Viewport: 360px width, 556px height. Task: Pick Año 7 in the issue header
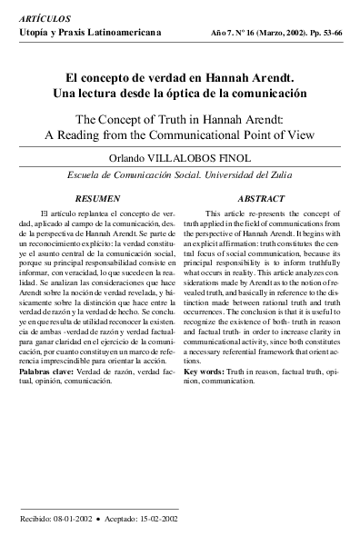point(220,33)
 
